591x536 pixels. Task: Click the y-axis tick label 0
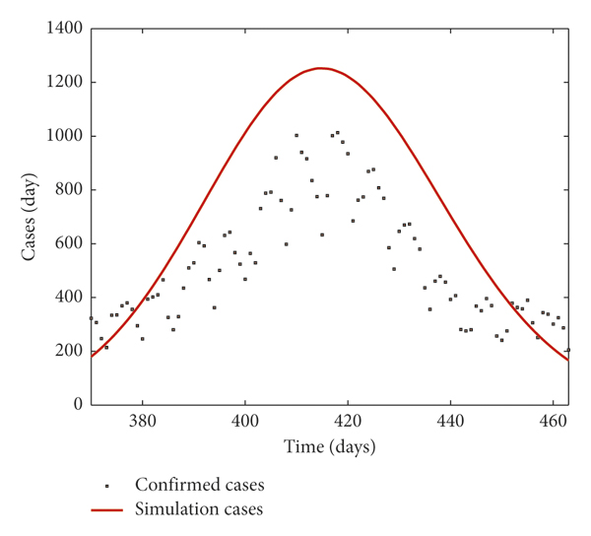(77, 405)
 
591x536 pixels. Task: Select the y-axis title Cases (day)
(30, 216)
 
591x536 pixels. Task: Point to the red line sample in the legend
(120, 510)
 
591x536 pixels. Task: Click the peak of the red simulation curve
(320, 68)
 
